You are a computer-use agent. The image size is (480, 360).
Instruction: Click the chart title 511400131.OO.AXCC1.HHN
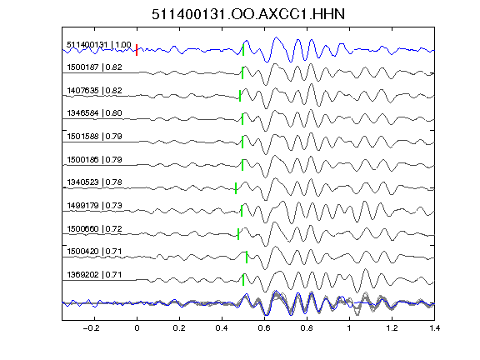tap(248, 14)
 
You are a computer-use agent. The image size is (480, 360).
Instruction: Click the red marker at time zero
tap(137, 50)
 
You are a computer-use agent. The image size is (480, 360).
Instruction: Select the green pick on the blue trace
tap(243, 50)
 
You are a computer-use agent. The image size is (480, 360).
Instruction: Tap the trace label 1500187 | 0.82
tap(94, 67)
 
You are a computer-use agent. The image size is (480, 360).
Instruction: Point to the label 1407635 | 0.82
tap(94, 90)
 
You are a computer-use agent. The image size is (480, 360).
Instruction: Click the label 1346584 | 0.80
tap(94, 113)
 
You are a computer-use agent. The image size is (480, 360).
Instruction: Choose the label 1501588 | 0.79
tap(94, 136)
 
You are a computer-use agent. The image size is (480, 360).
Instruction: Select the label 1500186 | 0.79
tap(94, 159)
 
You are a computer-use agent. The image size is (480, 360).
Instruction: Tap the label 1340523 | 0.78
tap(94, 182)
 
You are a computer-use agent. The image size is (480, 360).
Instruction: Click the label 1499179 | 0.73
tap(94, 205)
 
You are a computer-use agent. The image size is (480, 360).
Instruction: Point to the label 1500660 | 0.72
tap(94, 228)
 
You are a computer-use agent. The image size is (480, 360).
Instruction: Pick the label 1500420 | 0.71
tap(94, 252)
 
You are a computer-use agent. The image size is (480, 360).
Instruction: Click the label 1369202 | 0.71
tap(94, 275)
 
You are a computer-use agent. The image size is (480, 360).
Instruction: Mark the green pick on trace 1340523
tap(236, 188)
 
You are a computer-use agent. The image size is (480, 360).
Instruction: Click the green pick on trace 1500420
tap(247, 257)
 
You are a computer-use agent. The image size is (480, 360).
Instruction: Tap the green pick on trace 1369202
tap(243, 280)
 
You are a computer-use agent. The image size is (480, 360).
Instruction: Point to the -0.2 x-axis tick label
tap(91, 328)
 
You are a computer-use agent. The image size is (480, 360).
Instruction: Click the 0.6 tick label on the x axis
tap(264, 328)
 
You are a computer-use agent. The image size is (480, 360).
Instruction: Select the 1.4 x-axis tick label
tap(434, 328)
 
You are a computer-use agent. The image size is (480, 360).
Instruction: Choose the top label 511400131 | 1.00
tap(99, 45)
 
